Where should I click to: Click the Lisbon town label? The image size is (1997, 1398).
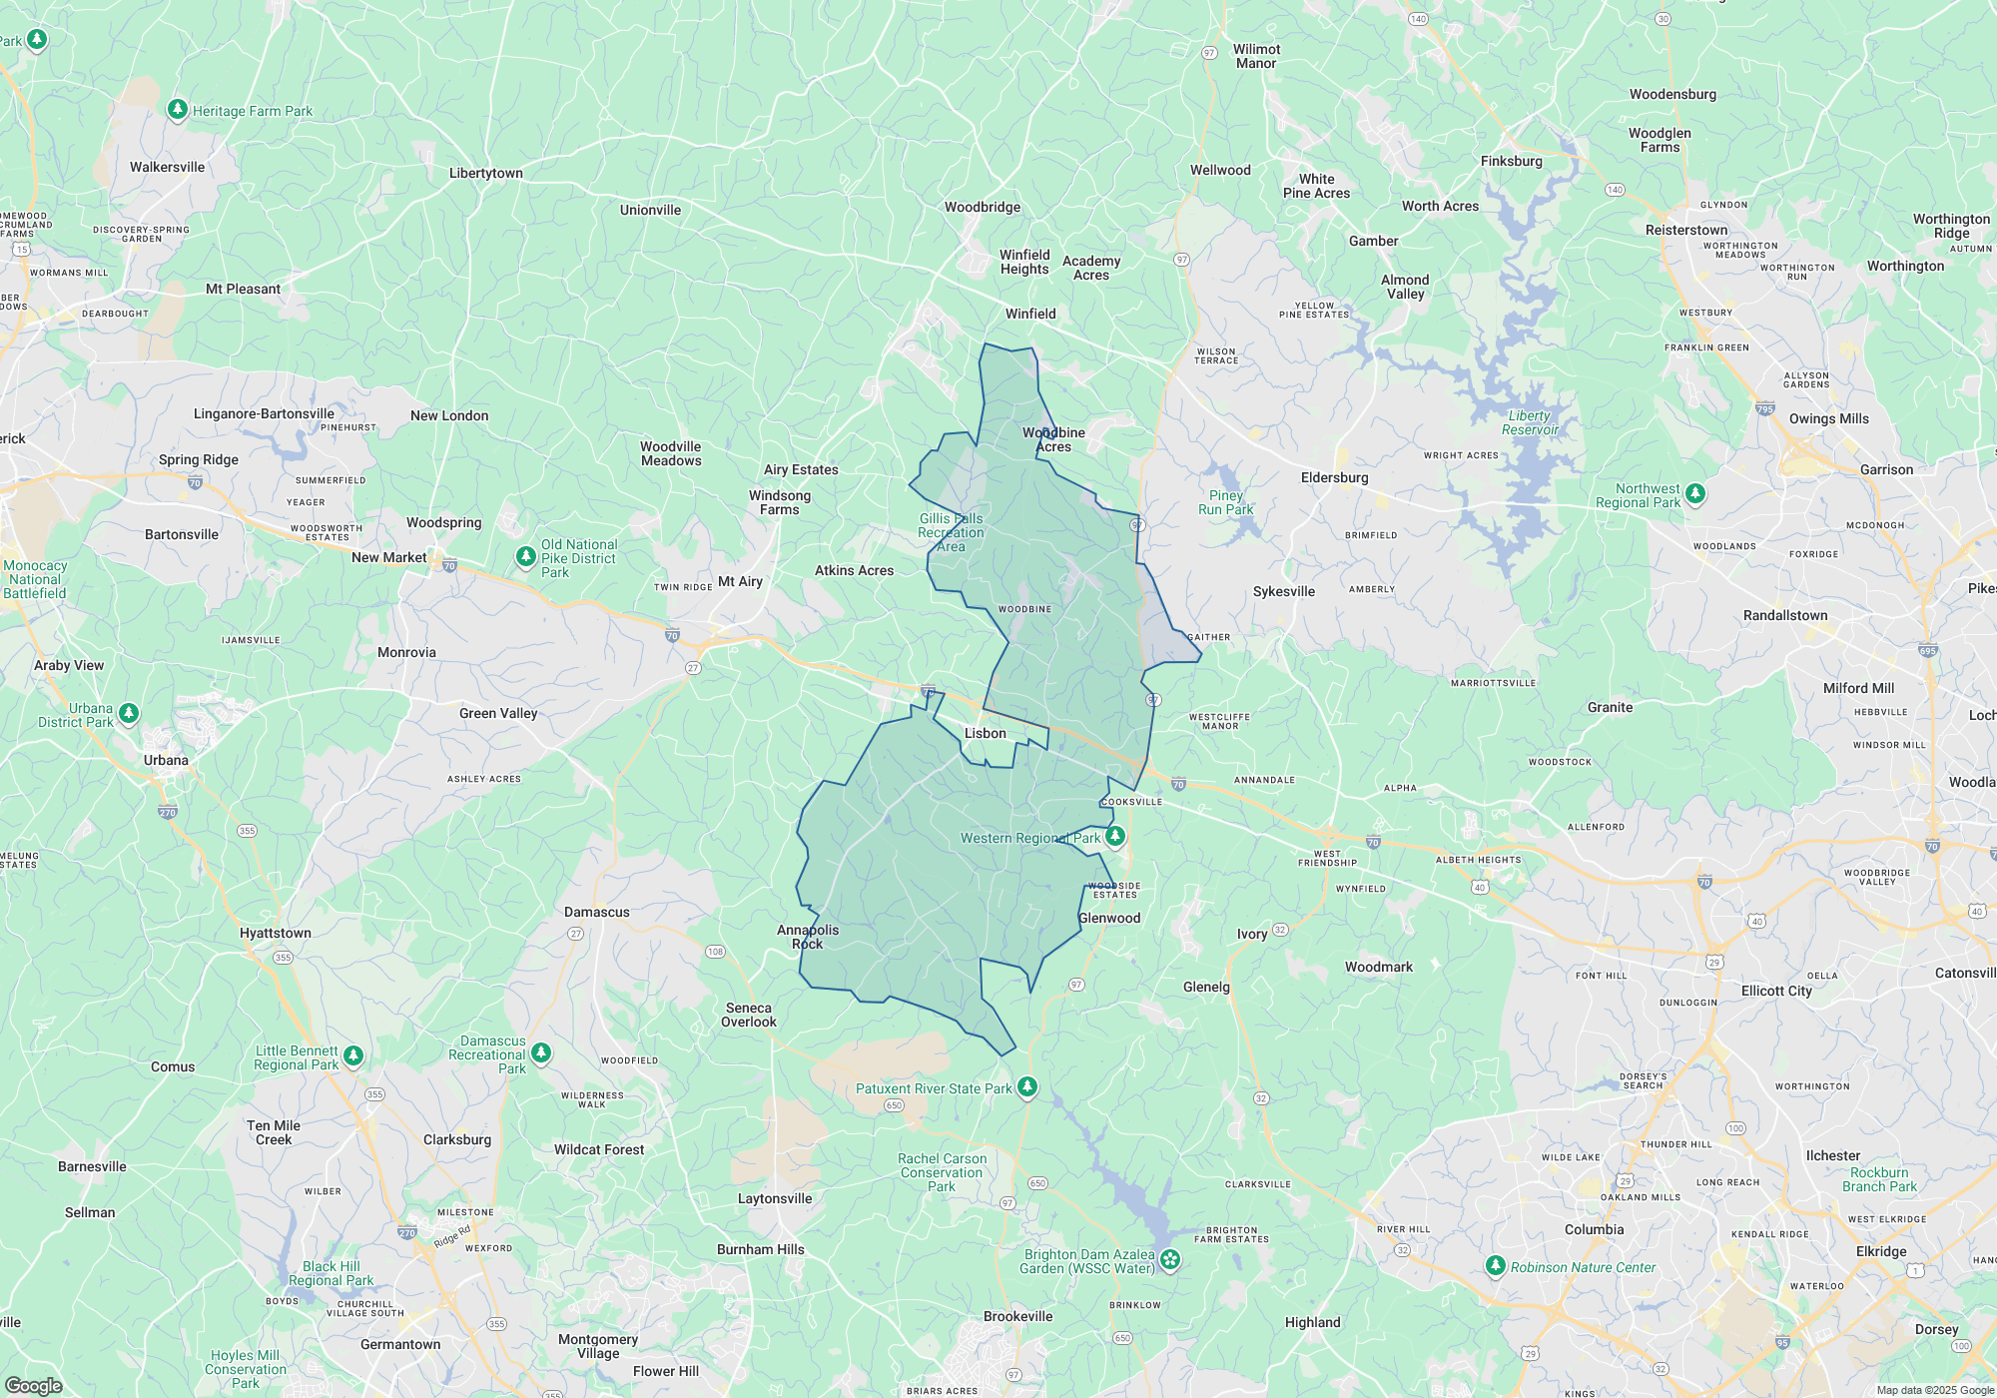click(985, 733)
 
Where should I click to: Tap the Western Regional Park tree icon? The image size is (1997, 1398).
click(1115, 837)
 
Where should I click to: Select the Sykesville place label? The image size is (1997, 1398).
click(1283, 591)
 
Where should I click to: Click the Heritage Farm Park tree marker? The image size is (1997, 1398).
click(178, 109)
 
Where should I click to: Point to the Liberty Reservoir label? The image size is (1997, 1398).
click(1530, 422)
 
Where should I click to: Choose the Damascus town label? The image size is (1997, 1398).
click(596, 912)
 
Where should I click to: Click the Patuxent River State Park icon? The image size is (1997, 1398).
click(1027, 1087)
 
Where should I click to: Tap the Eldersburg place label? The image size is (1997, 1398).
click(1334, 477)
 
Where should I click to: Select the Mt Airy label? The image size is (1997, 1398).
click(740, 581)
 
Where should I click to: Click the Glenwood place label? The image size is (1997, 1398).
click(1108, 918)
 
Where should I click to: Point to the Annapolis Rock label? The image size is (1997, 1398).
click(808, 937)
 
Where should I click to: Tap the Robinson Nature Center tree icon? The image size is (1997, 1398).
click(1495, 1266)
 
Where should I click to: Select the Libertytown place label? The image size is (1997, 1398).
click(485, 173)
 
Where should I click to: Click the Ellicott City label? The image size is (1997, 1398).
click(1775, 991)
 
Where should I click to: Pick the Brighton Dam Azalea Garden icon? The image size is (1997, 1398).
click(1170, 1260)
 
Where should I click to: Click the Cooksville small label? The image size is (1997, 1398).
click(1131, 801)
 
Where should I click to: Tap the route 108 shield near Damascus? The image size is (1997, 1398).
click(715, 952)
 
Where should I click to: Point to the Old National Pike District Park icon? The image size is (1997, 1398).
click(526, 557)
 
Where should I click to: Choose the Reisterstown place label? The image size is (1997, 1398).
click(1685, 230)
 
